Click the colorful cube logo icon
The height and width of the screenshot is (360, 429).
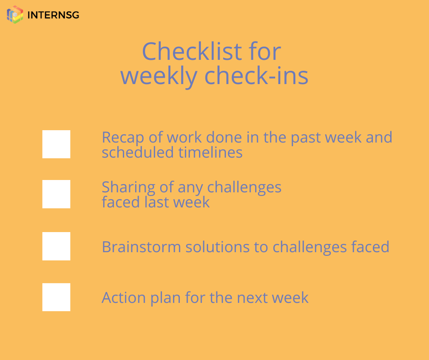15,15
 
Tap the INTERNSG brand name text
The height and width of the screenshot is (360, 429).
53,15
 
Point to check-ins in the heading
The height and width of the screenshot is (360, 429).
256,75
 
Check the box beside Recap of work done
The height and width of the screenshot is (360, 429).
56,144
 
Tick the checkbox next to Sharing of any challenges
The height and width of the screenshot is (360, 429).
56,194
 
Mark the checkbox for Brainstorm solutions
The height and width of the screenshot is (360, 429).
56,246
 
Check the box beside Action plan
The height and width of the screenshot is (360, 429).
56,297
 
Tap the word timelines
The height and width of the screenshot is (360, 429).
210,152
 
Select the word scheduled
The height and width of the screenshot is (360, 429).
138,152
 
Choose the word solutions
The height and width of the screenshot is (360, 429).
218,247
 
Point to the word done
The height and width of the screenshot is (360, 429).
224,137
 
